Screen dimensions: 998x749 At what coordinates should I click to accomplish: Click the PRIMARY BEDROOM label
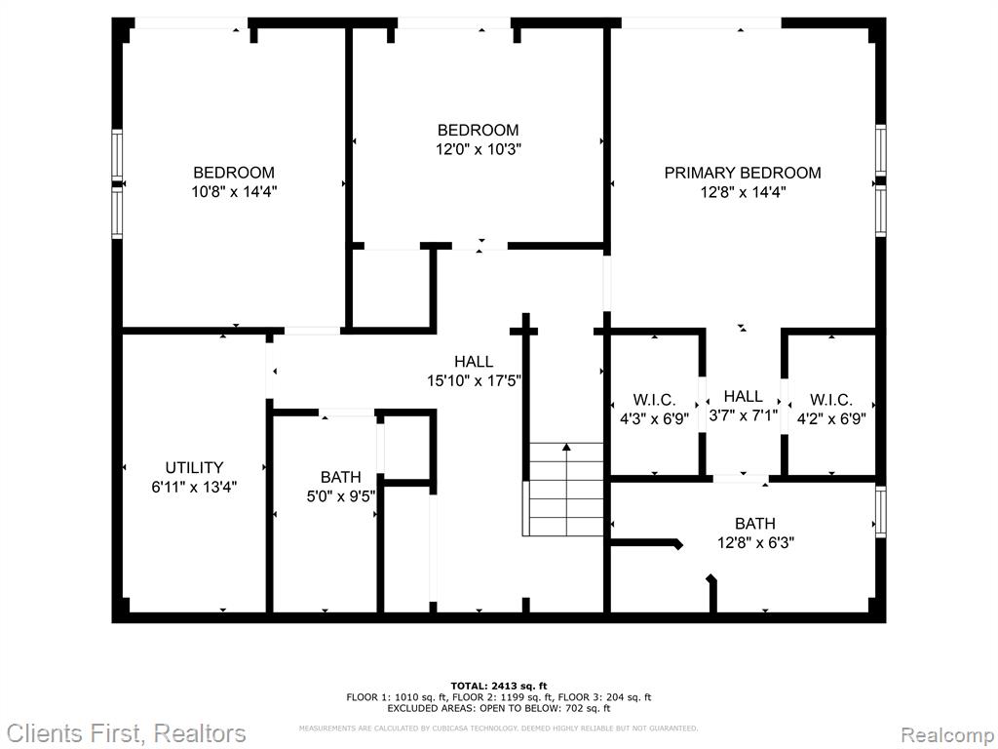[x=742, y=173]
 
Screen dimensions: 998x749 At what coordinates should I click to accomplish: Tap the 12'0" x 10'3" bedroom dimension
[x=478, y=149]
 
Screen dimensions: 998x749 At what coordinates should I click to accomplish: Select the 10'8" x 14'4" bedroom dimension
[x=234, y=192]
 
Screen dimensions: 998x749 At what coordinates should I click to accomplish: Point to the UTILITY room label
[x=194, y=467]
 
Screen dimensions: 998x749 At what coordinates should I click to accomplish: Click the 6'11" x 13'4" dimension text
[x=194, y=488]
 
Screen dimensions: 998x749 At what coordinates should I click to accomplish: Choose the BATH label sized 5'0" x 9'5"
[x=340, y=477]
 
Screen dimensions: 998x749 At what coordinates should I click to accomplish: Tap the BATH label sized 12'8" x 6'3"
[x=755, y=524]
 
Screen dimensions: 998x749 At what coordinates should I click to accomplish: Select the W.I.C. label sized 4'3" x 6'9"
[x=654, y=400]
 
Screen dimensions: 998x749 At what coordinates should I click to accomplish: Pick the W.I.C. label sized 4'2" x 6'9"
[x=831, y=400]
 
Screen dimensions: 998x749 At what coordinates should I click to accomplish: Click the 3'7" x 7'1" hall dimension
[x=744, y=415]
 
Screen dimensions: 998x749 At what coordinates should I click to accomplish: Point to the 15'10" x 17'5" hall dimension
[x=475, y=381]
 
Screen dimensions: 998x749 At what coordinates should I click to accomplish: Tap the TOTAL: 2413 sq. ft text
[x=499, y=686]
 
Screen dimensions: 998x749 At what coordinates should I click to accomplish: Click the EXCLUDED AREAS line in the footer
[x=499, y=708]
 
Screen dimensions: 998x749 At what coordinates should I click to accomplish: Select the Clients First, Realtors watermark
[x=126, y=733]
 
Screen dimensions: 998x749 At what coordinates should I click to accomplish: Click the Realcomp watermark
[x=947, y=734]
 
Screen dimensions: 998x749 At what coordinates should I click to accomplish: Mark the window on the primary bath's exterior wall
[x=881, y=511]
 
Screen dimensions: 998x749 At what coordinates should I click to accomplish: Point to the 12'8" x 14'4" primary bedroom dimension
[x=744, y=192]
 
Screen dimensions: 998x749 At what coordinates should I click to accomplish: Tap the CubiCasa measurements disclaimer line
[x=498, y=728]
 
